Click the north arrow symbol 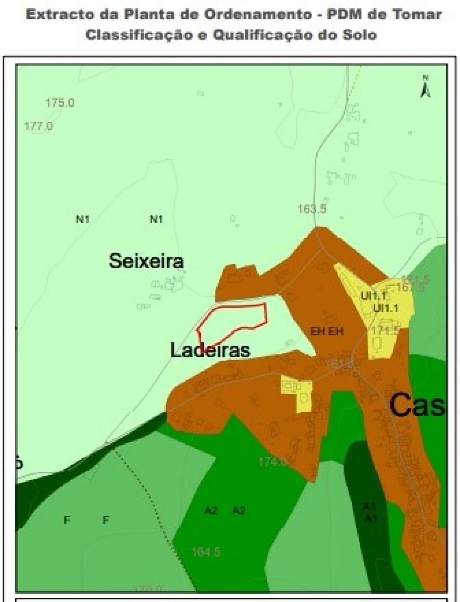click(425, 87)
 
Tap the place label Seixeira click(146, 261)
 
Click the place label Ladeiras click(210, 350)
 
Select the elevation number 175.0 click(60, 103)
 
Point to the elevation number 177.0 click(38, 126)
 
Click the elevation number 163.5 click(312, 209)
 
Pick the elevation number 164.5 click(206, 552)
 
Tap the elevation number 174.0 click(273, 462)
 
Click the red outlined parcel click(234, 320)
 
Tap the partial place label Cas click(417, 405)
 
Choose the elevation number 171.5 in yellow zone click(386, 330)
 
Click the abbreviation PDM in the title click(347, 15)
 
